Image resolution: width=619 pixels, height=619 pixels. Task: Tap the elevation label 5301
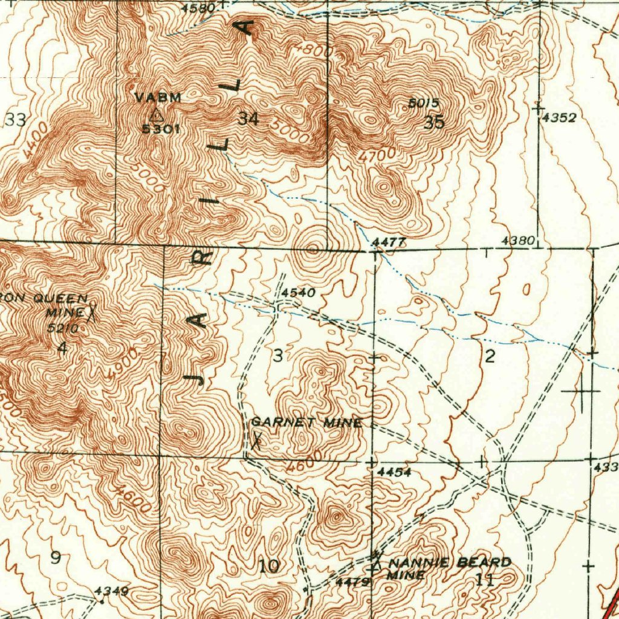click(160, 128)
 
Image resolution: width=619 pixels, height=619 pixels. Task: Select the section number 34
click(248, 118)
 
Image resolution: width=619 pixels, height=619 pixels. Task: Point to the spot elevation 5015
click(423, 103)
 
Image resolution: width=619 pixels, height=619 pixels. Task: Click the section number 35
click(434, 123)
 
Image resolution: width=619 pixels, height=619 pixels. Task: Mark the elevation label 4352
click(559, 118)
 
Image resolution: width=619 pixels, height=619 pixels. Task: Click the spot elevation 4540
click(298, 293)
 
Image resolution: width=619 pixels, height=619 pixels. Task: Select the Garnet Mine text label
click(306, 423)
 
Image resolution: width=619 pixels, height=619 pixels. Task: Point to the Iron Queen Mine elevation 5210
click(62, 329)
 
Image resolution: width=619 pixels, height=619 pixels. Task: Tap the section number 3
click(277, 356)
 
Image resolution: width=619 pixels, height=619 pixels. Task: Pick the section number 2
click(490, 356)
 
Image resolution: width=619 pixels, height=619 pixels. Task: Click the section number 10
click(269, 566)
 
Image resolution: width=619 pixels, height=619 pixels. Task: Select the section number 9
click(55, 557)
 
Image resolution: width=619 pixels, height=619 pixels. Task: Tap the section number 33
click(16, 120)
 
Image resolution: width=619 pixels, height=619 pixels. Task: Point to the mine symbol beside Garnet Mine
click(257, 438)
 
